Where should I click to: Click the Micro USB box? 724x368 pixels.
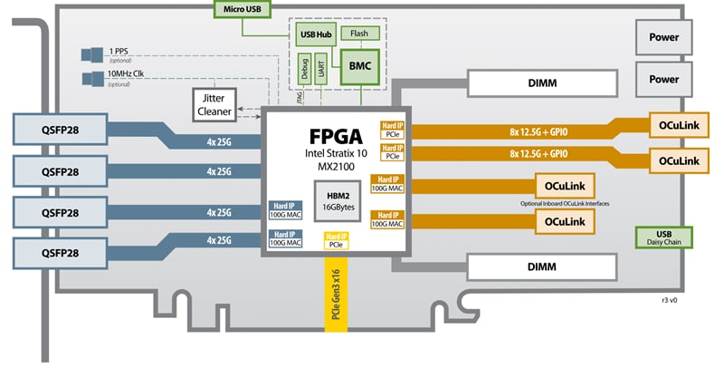[x=239, y=10]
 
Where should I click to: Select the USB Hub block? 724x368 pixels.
[x=312, y=34]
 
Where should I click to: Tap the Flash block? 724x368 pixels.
[x=358, y=33]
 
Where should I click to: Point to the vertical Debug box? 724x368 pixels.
[x=304, y=69]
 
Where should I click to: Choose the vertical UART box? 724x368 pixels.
[x=322, y=69]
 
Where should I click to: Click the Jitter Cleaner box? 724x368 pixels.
[x=214, y=103]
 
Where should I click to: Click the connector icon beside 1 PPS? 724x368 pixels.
[x=90, y=53]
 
